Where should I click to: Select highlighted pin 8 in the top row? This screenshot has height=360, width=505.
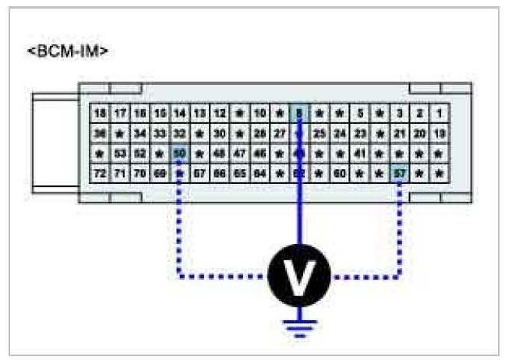point(299,113)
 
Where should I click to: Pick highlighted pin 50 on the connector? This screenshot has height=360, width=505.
point(180,154)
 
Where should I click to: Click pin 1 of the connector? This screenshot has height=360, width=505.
point(439,113)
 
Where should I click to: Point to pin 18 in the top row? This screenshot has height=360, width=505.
point(100,113)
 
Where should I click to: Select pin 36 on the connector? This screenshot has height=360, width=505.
point(100,133)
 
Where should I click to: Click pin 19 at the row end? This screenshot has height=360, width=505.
point(439,133)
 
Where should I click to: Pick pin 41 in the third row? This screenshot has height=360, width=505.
point(359,154)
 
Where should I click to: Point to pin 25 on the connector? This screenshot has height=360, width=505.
point(320,133)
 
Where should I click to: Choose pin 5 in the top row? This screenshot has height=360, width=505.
point(359,113)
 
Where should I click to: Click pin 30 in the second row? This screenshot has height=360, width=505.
point(220,133)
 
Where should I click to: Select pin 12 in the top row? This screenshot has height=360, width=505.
point(220,113)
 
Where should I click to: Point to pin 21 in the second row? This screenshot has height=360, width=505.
point(399,133)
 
